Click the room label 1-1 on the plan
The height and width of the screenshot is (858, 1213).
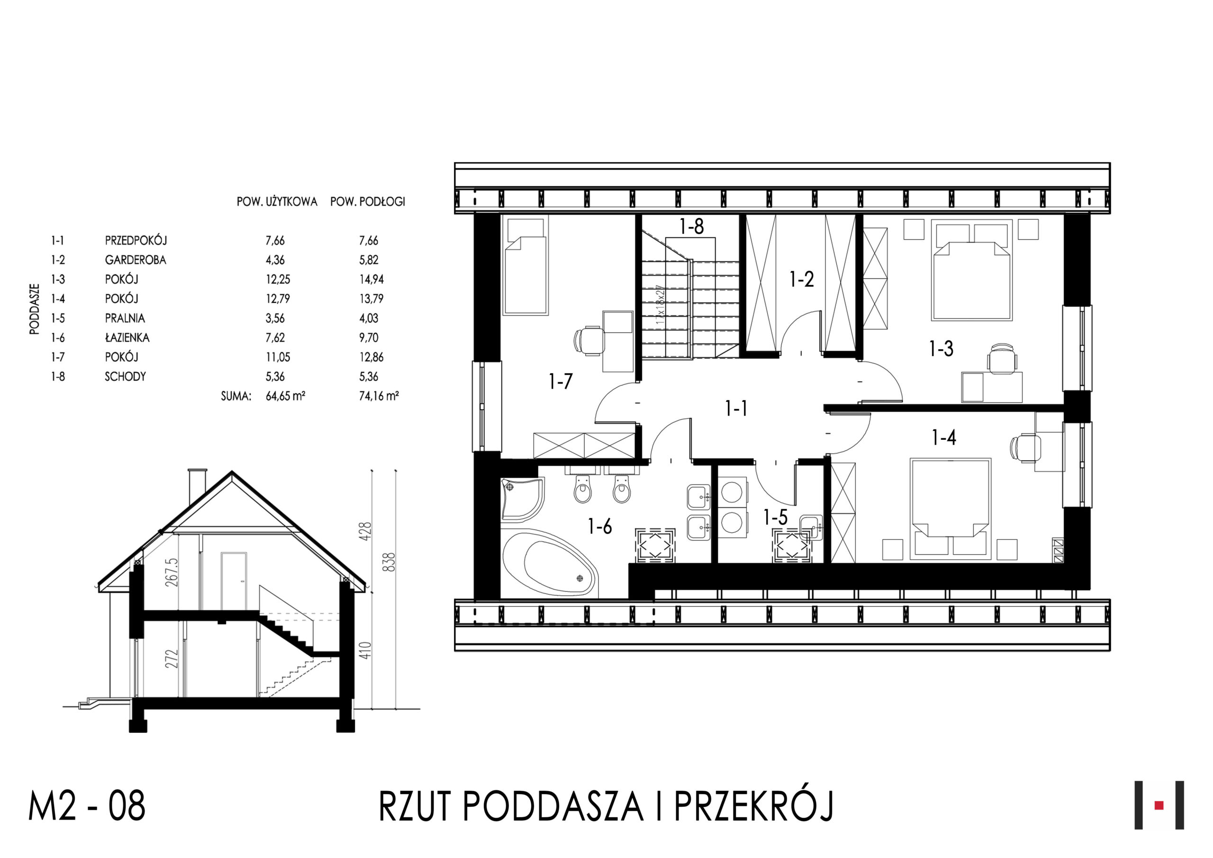tap(736, 408)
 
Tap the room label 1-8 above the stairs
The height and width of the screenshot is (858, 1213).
tap(692, 226)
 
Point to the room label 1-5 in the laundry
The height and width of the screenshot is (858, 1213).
tap(775, 517)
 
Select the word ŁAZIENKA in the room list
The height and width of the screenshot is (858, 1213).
tap(127, 338)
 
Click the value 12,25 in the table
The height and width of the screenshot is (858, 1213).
tap(278, 279)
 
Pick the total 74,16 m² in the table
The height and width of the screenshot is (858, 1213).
tap(379, 396)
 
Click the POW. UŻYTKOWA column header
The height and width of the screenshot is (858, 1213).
tap(277, 201)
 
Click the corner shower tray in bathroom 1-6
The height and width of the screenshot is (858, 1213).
tap(523, 499)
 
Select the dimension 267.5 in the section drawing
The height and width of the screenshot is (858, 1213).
tap(172, 573)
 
